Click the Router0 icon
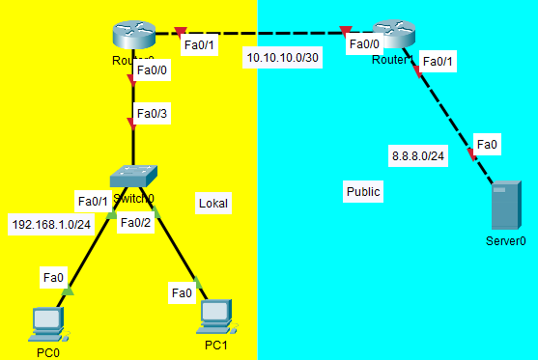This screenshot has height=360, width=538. coord(133,38)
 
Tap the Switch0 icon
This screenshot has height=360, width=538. coord(133,176)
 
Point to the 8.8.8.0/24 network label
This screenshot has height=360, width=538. coord(417,154)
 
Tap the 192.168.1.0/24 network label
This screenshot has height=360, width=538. coord(51,224)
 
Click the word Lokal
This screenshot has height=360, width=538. coord(213,203)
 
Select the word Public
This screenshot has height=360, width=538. coord(363,192)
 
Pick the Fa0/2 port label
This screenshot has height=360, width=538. coord(135,223)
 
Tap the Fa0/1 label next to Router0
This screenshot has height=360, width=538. coord(199,43)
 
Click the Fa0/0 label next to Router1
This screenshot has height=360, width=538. coord(364,43)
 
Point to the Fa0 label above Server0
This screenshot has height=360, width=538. coord(488,145)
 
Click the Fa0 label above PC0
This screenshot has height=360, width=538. coord(54,278)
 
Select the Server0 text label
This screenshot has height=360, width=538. coord(505,241)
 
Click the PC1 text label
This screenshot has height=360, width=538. coord(215,345)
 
